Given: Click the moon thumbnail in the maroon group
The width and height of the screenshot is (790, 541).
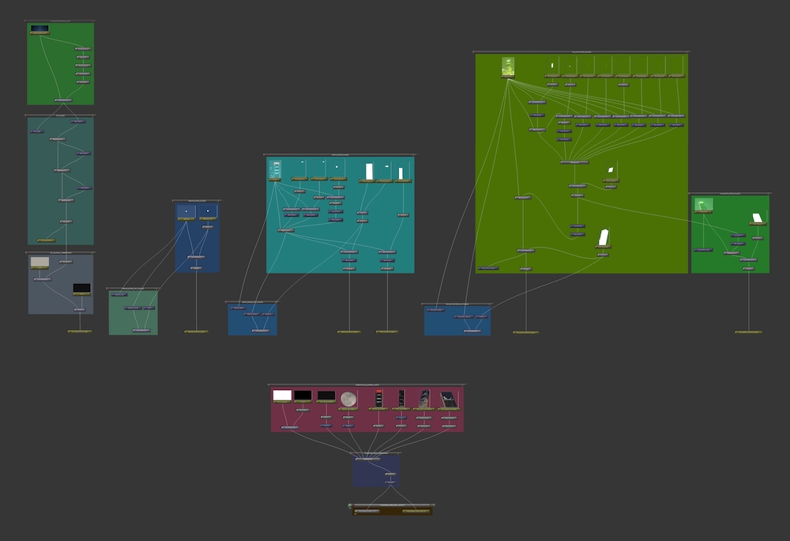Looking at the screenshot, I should tap(348, 399).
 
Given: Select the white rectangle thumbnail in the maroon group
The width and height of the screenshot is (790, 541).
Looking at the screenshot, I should tap(282, 395).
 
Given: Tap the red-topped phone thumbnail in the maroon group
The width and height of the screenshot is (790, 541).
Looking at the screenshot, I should tap(401, 397).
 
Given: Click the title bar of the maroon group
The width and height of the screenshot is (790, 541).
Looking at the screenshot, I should tap(367, 385).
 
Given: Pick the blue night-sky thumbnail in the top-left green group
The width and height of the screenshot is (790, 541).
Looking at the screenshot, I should tap(39, 29).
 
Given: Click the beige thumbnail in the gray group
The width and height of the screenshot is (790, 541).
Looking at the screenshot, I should tap(39, 263).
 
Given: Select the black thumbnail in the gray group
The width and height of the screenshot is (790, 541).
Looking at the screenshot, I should tap(82, 289).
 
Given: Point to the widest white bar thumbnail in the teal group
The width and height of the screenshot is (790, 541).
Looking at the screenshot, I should tap(369, 172).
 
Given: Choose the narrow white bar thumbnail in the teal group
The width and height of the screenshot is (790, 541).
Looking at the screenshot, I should tap(401, 173).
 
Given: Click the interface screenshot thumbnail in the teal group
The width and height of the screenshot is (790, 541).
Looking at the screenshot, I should tap(275, 169).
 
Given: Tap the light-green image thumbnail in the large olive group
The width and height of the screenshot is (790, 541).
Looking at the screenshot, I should tap(508, 66).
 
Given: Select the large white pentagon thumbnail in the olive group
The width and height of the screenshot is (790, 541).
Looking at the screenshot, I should tap(604, 237).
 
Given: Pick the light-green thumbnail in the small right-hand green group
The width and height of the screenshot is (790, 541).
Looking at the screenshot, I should tap(703, 204).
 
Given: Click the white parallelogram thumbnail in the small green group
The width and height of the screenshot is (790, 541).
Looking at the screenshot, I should tap(758, 218).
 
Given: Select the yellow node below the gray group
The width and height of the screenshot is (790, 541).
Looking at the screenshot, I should tap(79, 331).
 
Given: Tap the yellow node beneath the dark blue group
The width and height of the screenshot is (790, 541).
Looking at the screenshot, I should tap(196, 331).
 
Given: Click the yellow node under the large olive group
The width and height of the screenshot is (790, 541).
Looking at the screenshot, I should tap(525, 332).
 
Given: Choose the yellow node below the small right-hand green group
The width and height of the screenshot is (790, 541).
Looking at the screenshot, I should tap(748, 332).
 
